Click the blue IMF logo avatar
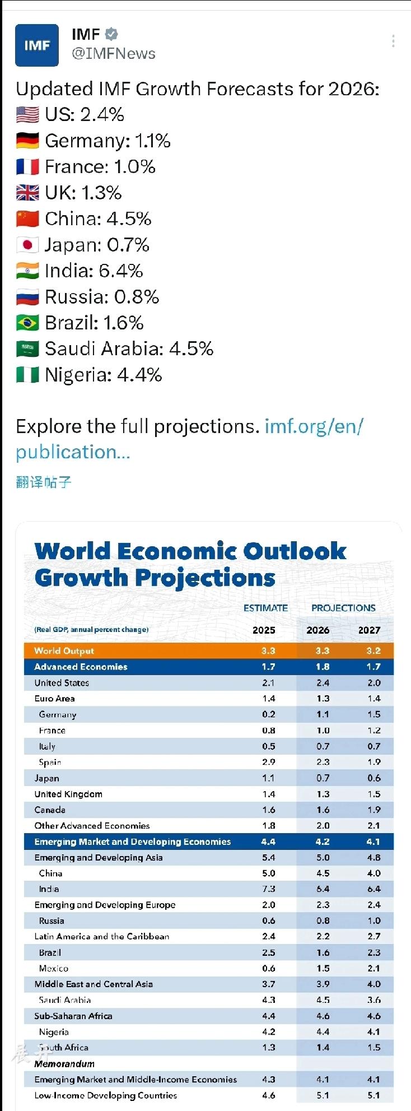(x=36, y=45)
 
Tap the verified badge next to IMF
(x=111, y=34)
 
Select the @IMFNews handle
(x=114, y=54)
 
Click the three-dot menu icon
(x=393, y=41)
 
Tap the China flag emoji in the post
(x=27, y=219)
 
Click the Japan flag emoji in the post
(x=27, y=245)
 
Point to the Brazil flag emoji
(x=27, y=323)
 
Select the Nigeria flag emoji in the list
(x=27, y=375)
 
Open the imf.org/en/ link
(x=314, y=426)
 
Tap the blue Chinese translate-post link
(x=44, y=482)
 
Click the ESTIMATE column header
(x=265, y=608)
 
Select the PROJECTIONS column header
(x=343, y=608)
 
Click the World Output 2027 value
(x=373, y=650)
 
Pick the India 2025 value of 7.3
(x=269, y=889)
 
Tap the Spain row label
(x=50, y=762)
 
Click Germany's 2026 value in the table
(x=323, y=714)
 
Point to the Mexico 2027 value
(x=373, y=968)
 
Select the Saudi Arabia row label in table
(x=64, y=1000)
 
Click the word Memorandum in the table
(x=64, y=1063)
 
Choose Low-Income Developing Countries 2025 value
(x=269, y=1095)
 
